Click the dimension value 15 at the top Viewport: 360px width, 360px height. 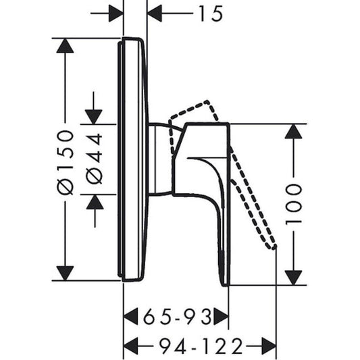pos(210,13)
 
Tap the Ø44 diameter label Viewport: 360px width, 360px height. pos(95,158)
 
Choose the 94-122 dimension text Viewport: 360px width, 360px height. pos(201,346)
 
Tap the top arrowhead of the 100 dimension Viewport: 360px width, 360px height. pos(293,131)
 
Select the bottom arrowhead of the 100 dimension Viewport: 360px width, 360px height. pos(293,277)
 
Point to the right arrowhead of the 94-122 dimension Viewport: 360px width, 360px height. pos(269,346)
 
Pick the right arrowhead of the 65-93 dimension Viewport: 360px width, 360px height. pos(221,315)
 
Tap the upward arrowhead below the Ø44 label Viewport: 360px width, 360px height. pos(94,201)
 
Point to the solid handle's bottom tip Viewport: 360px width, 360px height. pos(225,282)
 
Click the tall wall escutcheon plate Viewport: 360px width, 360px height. pos(134,159)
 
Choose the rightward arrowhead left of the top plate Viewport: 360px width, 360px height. pos(115,13)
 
